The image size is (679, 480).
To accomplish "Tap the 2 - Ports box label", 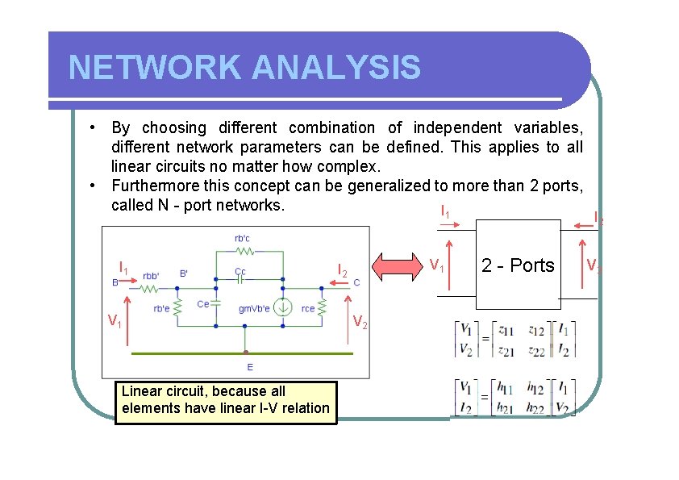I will pyautogui.click(x=518, y=265).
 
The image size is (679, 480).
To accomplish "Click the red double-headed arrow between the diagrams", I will pyautogui.click(x=396, y=268).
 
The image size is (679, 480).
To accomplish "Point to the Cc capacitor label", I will pyautogui.click(x=240, y=271).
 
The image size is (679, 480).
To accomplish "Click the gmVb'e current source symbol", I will pyautogui.click(x=283, y=307).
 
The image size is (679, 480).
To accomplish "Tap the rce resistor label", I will pyautogui.click(x=308, y=308).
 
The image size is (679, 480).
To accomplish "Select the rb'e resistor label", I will pyautogui.click(x=162, y=308).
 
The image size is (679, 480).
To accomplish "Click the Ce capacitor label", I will pyautogui.click(x=203, y=303).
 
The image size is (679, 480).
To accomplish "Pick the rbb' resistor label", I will pyautogui.click(x=152, y=274).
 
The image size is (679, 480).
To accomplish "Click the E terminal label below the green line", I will pyautogui.click(x=249, y=366).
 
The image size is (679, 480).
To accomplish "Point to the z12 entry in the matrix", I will pyautogui.click(x=536, y=330).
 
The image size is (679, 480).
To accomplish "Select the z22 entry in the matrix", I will pyautogui.click(x=536, y=350).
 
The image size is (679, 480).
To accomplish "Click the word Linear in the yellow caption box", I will pyautogui.click(x=140, y=391).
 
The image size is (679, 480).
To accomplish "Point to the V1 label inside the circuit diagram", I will pyautogui.click(x=115, y=322).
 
